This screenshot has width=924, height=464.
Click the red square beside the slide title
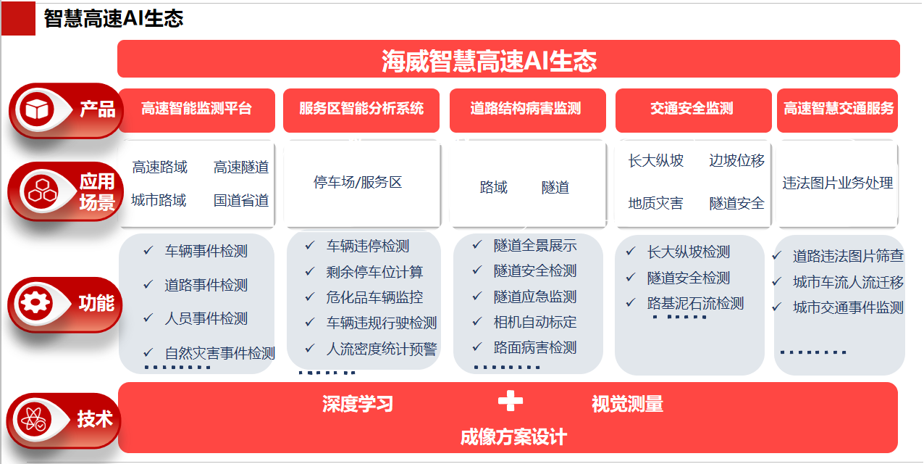pos(18,18)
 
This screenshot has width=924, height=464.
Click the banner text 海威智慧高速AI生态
pos(490,61)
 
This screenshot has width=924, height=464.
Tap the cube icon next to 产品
pos(37,109)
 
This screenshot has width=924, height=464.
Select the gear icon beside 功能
pos(35,304)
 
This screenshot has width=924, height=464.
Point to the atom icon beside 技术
pos(34,420)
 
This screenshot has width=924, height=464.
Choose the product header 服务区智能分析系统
pos(361,109)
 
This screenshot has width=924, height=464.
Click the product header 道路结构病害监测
pos(526,109)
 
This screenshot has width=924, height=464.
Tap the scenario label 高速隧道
pos(241,167)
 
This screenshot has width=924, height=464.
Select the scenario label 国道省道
pos(241,201)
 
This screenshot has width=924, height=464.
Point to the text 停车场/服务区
pos(358,182)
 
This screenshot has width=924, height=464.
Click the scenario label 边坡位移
pos(736,160)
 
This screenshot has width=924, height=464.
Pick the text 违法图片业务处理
pos(838,183)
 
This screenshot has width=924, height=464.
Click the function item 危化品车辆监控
pos(374,297)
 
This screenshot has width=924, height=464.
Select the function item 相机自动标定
pos(535,322)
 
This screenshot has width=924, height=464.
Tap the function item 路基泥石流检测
pos(695,304)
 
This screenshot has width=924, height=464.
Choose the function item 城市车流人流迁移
pos(848,282)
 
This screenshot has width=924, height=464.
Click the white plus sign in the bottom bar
pos(511,401)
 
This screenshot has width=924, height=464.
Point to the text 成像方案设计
pos(513,436)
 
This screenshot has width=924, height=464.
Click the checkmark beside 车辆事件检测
pos(148,250)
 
